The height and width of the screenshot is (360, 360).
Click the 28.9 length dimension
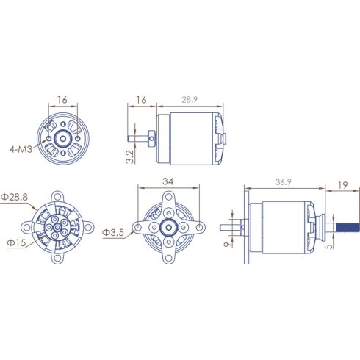tap(190, 100)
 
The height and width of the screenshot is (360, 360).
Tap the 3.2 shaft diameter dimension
tap(130, 156)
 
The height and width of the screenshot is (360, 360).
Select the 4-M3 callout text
tap(21, 149)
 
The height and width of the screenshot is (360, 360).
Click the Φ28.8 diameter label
tap(14, 197)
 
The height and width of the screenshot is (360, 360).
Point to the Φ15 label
tap(16, 242)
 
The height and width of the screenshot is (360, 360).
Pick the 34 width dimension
tap(168, 181)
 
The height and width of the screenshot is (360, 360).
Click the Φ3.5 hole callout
tap(113, 233)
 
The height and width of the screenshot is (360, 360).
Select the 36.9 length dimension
tap(284, 182)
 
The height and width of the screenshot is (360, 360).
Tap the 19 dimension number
tap(342, 185)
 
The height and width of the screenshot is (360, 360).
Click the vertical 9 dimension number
tap(228, 244)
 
